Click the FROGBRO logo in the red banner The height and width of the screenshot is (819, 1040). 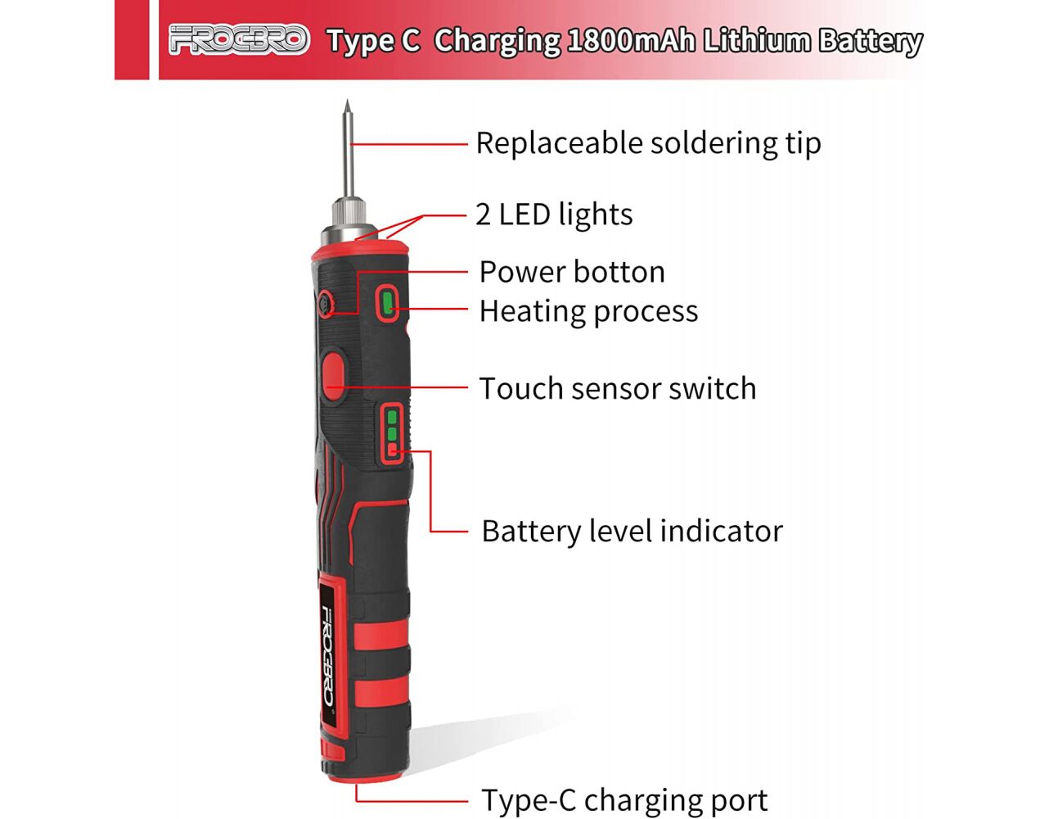tap(239, 39)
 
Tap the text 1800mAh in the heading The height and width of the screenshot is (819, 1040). tap(632, 41)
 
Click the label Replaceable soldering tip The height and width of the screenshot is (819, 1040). tap(649, 143)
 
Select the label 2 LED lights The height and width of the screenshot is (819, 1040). tap(554, 214)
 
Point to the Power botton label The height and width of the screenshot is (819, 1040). tap(572, 271)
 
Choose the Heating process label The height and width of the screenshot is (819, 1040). tap(588, 311)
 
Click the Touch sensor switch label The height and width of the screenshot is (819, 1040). tap(618, 388)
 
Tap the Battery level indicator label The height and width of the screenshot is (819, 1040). tap(633, 532)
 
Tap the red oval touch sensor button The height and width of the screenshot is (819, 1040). tap(333, 376)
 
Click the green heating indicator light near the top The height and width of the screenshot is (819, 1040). tap(386, 303)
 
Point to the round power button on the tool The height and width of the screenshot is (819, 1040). tap(326, 303)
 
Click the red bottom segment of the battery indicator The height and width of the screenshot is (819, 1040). tap(392, 448)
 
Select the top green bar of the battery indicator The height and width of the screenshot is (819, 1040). tap(392, 417)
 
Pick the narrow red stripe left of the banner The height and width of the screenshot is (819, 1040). tap(132, 39)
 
